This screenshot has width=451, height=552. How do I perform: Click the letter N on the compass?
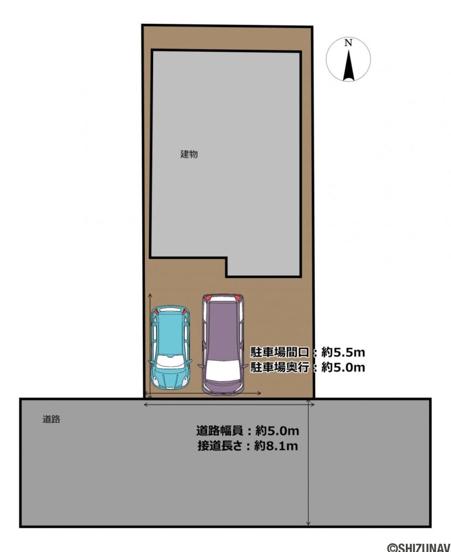click(x=349, y=43)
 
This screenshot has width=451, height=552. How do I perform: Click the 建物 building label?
click(x=189, y=154)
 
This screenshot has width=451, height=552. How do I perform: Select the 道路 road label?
click(x=51, y=419)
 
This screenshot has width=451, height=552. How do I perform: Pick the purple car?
click(x=223, y=343)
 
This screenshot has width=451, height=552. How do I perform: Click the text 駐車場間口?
click(x=280, y=353)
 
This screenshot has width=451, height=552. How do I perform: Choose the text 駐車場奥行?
click(x=280, y=368)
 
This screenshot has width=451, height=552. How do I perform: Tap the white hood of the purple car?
click(x=223, y=370)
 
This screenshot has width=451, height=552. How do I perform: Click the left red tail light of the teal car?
click(x=156, y=312)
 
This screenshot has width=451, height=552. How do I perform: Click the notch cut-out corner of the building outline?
click(x=226, y=258)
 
